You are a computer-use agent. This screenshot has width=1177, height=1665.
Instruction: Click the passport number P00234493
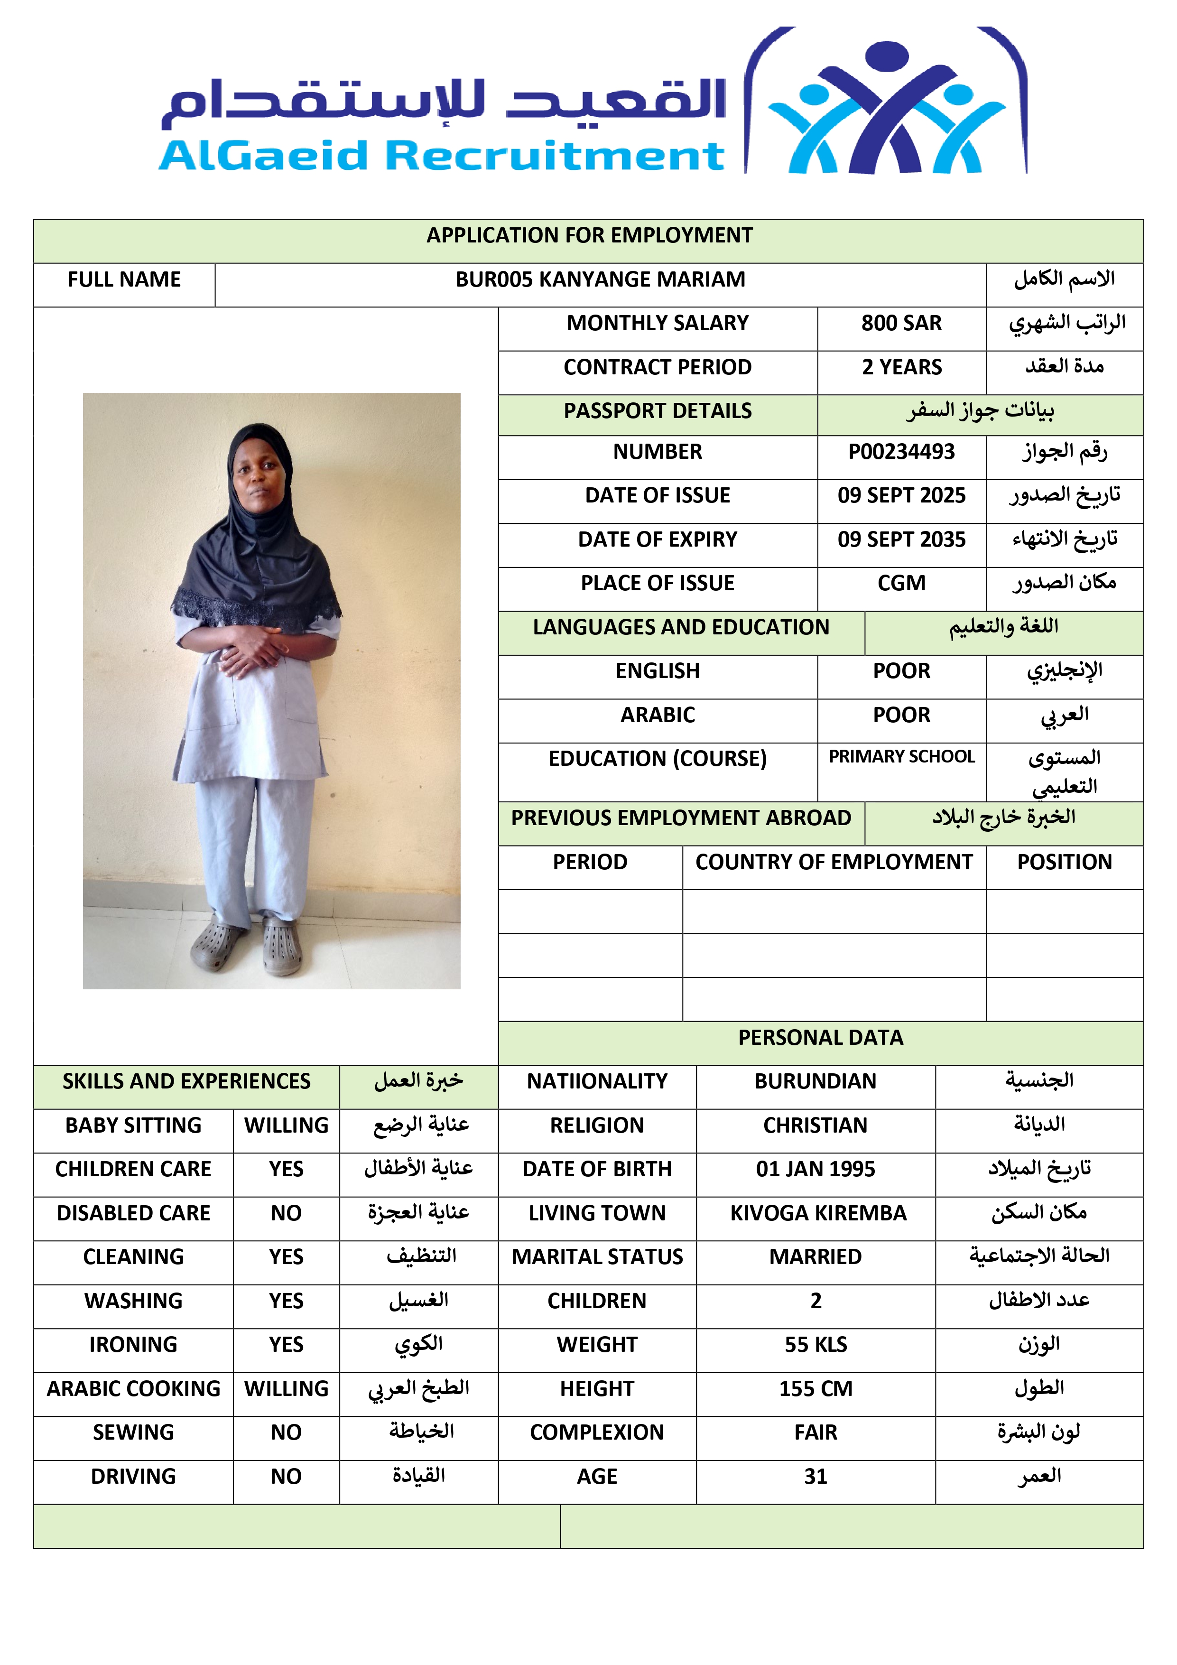[x=901, y=452]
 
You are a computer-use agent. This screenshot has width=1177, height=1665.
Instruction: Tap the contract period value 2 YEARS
[x=901, y=367]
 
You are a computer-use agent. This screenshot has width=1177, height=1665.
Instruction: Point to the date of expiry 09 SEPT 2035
[x=901, y=539]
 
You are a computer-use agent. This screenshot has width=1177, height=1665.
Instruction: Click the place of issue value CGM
[x=901, y=583]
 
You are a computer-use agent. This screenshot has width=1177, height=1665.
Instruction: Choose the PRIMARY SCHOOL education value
[x=901, y=756]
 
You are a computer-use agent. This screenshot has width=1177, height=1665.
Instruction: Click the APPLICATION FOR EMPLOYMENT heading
[x=589, y=236]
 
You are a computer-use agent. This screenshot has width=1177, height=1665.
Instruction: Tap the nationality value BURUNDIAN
[x=815, y=1081]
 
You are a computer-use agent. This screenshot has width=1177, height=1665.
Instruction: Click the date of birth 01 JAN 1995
[x=815, y=1169]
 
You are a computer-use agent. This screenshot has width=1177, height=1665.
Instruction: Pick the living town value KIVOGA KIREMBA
[x=818, y=1213]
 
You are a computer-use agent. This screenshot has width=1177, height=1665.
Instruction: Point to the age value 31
[x=815, y=1477]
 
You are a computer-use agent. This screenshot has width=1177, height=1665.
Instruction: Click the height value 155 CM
[x=815, y=1389]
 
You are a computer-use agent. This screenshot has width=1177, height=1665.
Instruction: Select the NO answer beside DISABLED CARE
[x=286, y=1213]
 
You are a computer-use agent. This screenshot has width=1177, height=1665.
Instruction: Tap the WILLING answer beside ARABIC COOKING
[x=286, y=1389]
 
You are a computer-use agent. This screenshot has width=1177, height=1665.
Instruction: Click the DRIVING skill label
[x=133, y=1477]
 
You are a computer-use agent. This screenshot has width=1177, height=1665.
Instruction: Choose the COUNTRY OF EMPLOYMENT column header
[x=833, y=862]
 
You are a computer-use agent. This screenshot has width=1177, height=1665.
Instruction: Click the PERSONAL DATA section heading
[x=820, y=1038]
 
